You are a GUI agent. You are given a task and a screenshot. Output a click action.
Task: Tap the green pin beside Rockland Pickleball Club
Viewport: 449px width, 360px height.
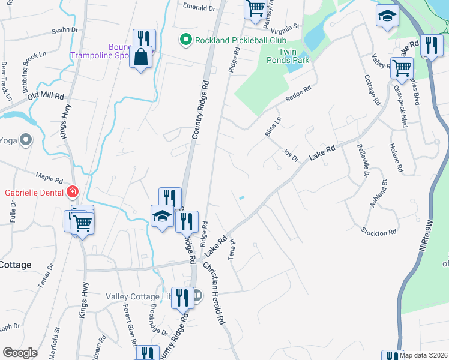[186, 40]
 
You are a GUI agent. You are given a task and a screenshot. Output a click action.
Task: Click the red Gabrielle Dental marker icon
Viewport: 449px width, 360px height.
[73, 192]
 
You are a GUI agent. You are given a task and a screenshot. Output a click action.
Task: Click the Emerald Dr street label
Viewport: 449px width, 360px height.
[199, 8]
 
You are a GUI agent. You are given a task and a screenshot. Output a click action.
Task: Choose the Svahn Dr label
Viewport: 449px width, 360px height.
[65, 30]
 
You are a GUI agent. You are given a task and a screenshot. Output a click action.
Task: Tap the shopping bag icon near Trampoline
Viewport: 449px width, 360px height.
[141, 58]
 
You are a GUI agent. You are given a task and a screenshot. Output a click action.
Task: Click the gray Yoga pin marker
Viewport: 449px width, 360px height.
[26, 140]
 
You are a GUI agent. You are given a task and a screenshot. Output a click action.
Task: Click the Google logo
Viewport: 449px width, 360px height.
[20, 353]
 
